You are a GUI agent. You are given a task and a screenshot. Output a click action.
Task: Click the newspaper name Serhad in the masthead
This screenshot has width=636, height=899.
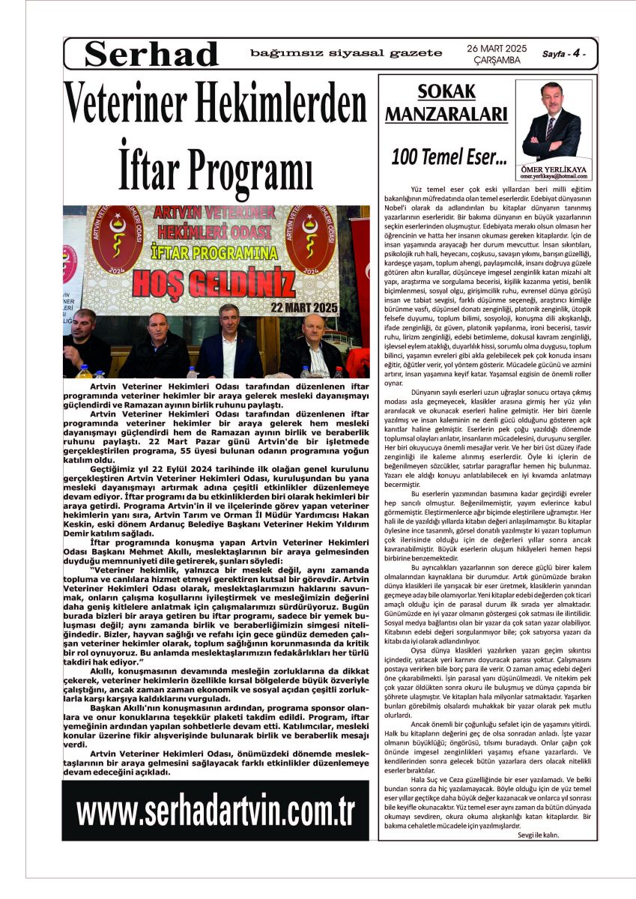151,54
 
